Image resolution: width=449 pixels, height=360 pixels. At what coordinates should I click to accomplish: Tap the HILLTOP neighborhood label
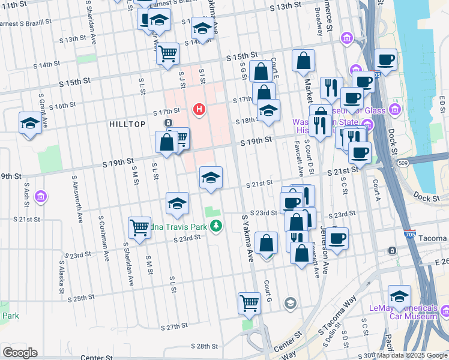click(127, 124)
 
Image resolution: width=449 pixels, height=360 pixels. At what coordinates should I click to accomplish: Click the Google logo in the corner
click(20, 353)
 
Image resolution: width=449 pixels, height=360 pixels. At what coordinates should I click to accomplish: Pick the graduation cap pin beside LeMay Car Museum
click(399, 296)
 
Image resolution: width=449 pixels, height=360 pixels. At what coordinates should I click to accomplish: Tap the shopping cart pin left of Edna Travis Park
click(139, 227)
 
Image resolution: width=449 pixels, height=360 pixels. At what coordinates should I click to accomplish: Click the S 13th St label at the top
click(285, 5)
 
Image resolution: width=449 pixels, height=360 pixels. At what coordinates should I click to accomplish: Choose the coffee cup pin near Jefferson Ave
click(337, 238)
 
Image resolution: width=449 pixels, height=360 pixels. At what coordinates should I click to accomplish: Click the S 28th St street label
click(204, 346)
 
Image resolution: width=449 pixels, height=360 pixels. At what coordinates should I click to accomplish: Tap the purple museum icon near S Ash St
click(41, 196)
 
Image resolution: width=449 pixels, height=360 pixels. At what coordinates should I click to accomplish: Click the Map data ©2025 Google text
click(412, 355)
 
